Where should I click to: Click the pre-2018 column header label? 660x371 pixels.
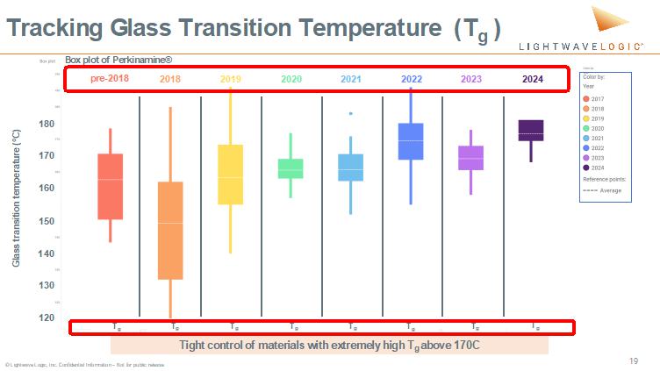coord(110,79)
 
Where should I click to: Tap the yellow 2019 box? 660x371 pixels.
coord(230,175)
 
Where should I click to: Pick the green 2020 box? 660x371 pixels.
coord(291,168)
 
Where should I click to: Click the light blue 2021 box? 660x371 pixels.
coord(351,168)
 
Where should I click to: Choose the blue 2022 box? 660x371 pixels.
coord(411,141)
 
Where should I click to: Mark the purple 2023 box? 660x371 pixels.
coord(471,158)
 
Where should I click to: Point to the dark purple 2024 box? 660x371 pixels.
coord(531,130)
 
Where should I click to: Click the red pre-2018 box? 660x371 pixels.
coord(110,187)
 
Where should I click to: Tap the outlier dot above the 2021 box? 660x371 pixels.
coord(351,114)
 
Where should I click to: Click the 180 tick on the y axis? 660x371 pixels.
coord(47,124)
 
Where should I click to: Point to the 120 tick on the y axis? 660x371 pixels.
coord(47,317)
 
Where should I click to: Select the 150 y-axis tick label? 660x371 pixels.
coord(47,221)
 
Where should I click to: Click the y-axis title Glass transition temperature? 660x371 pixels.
coord(16,198)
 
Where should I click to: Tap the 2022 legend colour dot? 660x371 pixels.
coord(586,147)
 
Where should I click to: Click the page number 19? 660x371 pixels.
coord(633,360)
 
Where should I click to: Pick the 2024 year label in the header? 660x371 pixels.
coord(533,79)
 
